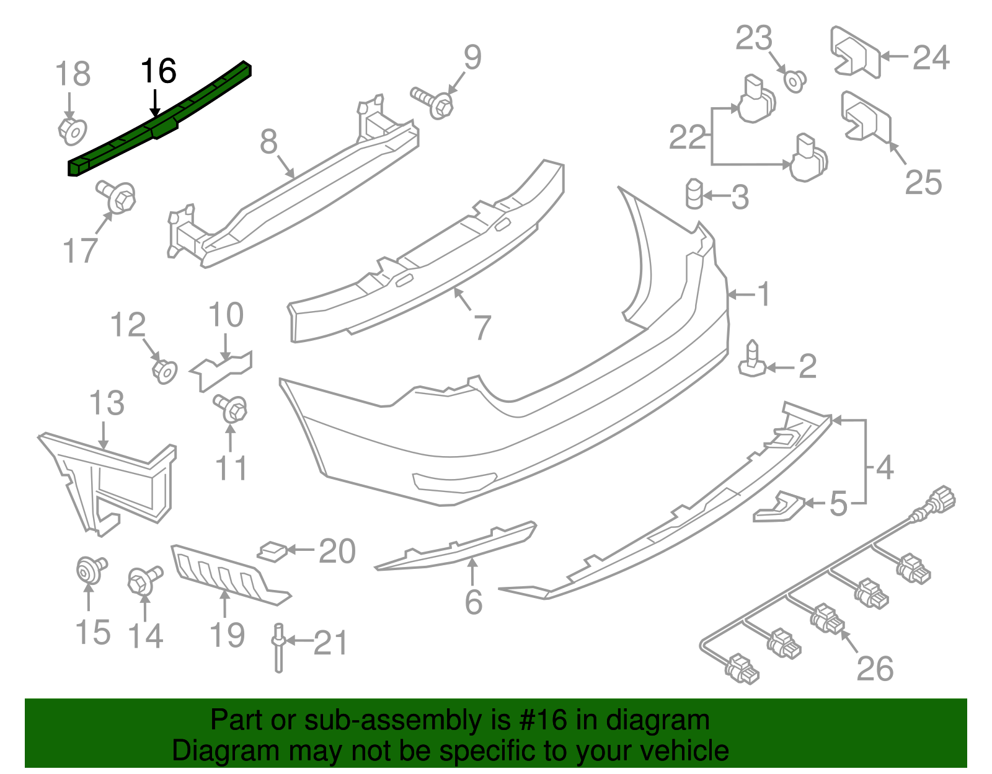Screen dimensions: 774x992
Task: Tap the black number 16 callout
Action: (x=159, y=71)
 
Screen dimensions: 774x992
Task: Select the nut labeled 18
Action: (x=72, y=131)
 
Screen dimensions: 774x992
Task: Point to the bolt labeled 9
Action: (x=434, y=102)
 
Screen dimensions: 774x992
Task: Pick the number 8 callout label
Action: (x=268, y=142)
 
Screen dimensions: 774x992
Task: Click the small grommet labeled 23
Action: (x=794, y=81)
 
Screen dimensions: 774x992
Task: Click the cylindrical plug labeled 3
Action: (x=694, y=195)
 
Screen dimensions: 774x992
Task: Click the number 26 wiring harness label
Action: (x=875, y=669)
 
